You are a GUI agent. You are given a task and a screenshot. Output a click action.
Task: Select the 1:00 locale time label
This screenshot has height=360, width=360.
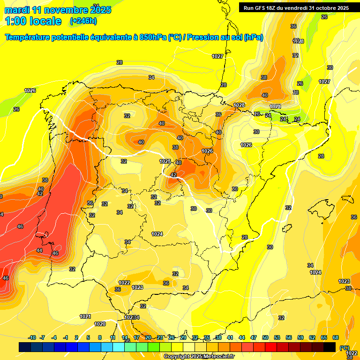point(33,21)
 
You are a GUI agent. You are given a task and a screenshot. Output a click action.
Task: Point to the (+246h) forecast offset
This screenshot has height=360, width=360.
point(83,21)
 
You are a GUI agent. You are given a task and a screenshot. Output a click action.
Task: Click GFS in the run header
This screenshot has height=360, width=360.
point(261,8)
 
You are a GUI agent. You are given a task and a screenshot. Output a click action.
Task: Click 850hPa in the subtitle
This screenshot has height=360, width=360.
point(153,37)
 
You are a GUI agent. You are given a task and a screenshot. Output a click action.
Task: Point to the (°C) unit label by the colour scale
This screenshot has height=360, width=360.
point(345,348)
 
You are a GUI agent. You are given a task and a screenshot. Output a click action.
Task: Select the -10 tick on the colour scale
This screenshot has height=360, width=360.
point(32,337)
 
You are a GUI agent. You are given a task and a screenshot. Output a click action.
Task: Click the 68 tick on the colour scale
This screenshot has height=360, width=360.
point(336,337)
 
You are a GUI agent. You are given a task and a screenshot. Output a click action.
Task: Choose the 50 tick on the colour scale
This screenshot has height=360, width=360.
point(265,337)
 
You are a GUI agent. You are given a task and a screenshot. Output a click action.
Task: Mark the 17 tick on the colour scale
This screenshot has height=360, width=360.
point(136,337)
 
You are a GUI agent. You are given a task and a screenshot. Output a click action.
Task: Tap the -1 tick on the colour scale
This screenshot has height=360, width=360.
point(66,337)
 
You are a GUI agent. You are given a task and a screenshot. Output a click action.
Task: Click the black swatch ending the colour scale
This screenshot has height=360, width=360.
point(330,347)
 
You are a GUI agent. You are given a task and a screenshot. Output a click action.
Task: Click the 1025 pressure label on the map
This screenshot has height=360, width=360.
point(165,161)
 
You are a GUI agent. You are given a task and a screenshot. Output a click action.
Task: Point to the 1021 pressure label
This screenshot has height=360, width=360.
point(85,317)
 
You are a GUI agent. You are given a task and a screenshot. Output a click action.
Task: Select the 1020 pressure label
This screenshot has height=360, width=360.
point(100,324)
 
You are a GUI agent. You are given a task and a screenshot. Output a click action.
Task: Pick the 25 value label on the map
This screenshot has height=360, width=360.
point(353,217)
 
